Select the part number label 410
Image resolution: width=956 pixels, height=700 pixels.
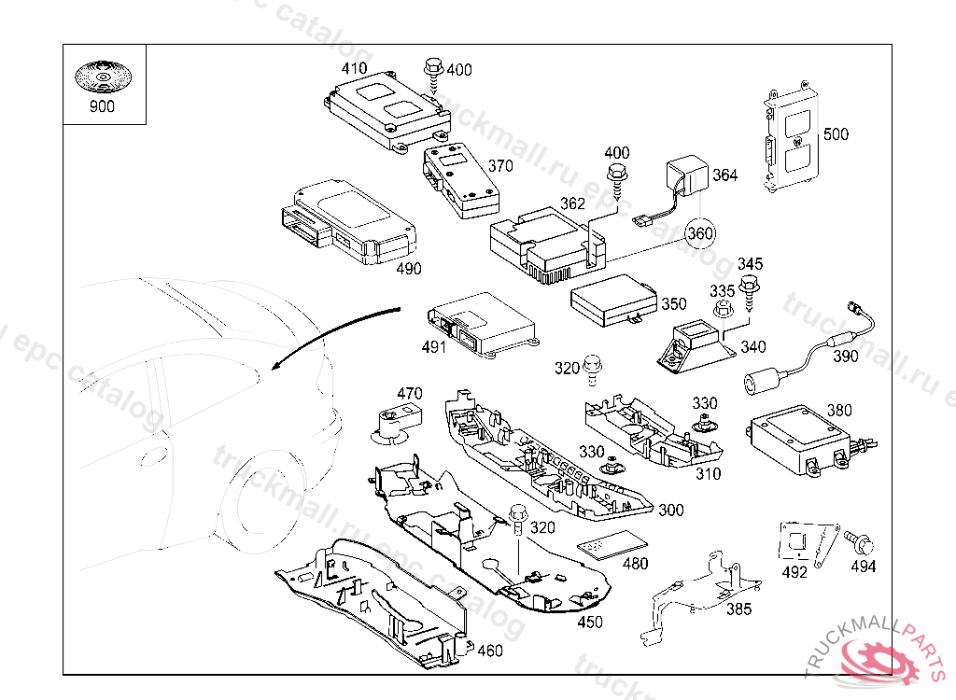coord(354,68)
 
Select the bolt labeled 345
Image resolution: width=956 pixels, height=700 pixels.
coord(748,291)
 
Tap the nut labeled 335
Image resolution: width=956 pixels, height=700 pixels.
coord(722,313)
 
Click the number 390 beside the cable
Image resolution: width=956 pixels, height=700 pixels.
coord(845,357)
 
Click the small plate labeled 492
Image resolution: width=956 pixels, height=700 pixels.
coord(798,542)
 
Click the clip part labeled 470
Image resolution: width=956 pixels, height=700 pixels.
coord(396,422)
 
